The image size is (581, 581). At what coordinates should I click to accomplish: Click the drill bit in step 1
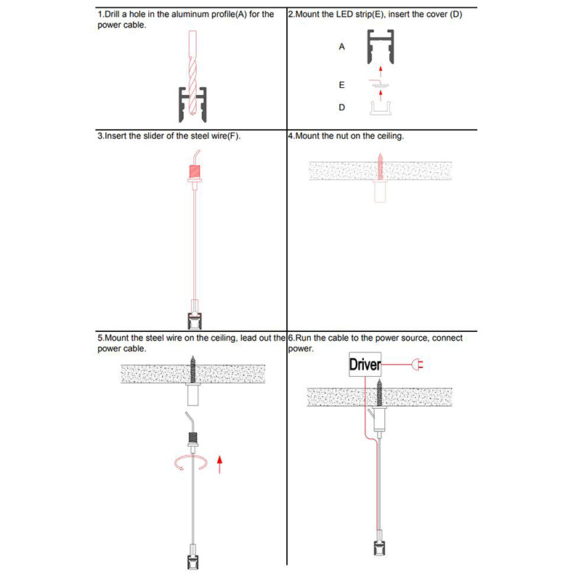coord(192,72)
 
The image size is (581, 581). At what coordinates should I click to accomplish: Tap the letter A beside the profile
coord(341,46)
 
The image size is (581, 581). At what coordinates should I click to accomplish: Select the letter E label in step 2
coord(341,85)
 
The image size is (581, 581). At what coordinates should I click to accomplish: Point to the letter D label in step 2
coord(341,107)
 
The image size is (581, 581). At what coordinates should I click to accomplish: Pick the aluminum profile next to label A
coord(381,46)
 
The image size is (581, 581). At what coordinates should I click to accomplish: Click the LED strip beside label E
coord(379,84)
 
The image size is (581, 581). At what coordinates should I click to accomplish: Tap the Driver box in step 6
coord(365,365)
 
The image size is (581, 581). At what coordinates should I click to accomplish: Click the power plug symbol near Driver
coord(417,365)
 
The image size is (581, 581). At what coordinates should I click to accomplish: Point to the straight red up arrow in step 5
coord(220,465)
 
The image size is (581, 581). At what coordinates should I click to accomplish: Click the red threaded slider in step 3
coord(195,171)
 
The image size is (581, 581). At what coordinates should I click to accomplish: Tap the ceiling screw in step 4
coord(380,166)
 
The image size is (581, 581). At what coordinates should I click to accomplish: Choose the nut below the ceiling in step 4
coord(380,191)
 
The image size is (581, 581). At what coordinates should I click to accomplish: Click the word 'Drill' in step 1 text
coord(113,15)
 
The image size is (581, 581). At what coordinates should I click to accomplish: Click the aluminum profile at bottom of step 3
coord(195,321)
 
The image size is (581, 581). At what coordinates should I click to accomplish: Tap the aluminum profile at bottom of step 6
coord(379,548)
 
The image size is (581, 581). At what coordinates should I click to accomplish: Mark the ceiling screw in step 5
coord(192,370)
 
